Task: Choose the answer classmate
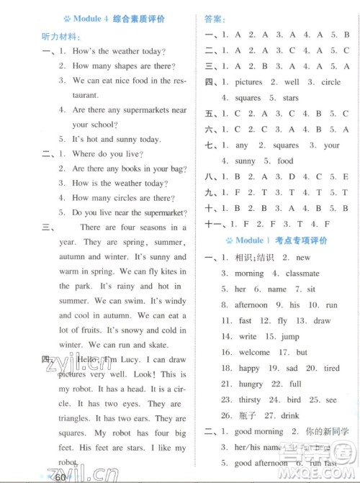302,274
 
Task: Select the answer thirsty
251,400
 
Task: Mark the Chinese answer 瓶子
248,415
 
